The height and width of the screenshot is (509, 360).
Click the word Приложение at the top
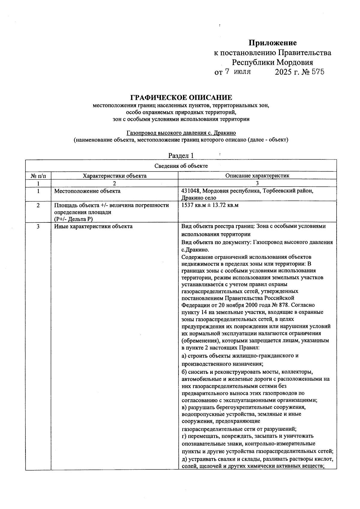(x=272, y=43)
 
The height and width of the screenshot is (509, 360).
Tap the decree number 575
(x=318, y=72)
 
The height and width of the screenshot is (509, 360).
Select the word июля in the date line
(x=242, y=72)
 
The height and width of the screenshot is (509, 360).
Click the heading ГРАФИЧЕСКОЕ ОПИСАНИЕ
(x=181, y=98)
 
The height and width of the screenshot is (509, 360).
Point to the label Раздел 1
(x=181, y=155)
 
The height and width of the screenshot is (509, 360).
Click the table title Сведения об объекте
(x=181, y=166)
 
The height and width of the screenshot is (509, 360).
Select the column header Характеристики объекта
(x=115, y=176)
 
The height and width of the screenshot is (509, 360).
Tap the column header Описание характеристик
(x=257, y=176)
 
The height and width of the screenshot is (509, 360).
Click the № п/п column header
(x=38, y=176)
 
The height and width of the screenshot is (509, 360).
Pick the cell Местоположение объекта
(x=87, y=191)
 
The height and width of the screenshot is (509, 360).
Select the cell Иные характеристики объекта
(x=93, y=226)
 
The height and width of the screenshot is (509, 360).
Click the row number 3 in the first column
(x=38, y=226)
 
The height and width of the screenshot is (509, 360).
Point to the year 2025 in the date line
(x=283, y=72)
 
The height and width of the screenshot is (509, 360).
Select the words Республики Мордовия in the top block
(x=272, y=63)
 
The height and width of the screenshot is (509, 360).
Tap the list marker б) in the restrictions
(x=184, y=372)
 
